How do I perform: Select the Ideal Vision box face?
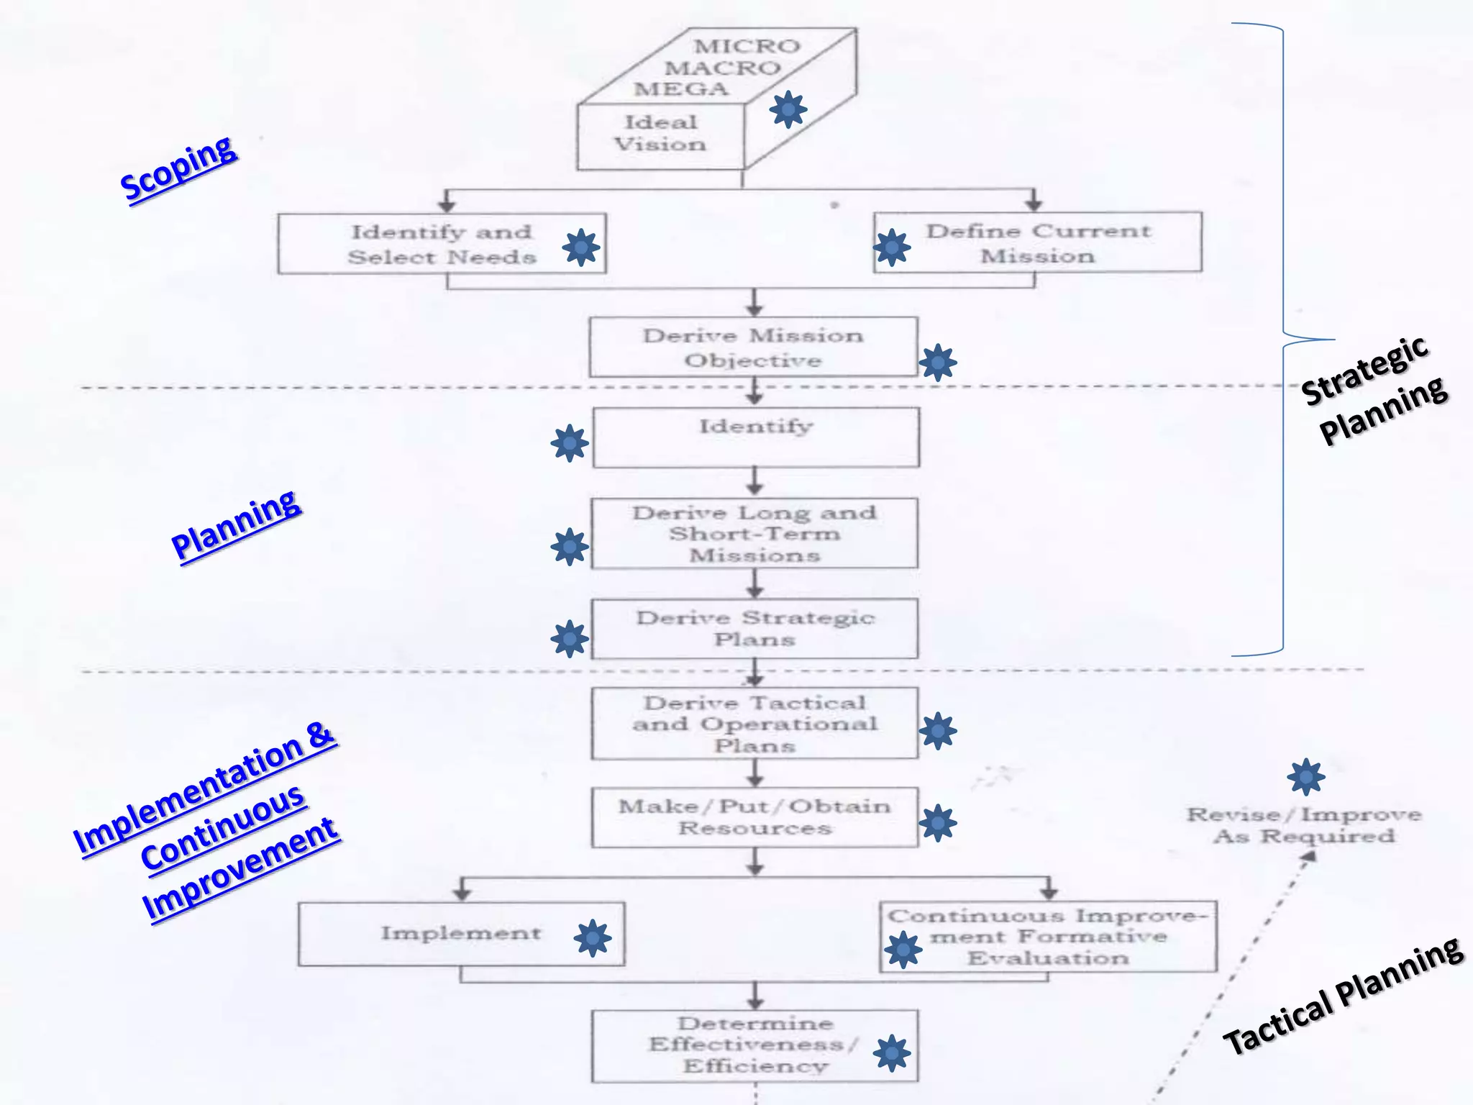[660, 135]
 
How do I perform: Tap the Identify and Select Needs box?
[442, 244]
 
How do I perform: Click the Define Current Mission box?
[1037, 243]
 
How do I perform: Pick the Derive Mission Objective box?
[752, 347]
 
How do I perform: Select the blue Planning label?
[236, 525]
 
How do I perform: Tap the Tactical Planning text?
[1342, 996]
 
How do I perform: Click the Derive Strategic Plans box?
[754, 629]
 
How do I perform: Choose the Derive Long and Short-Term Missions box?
[754, 534]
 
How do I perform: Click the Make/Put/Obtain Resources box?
[754, 817]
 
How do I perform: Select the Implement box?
[461, 934]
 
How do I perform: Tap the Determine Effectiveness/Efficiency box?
[754, 1045]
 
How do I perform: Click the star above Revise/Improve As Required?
[1305, 777]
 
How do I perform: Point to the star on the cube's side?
[788, 109]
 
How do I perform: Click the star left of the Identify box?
[569, 443]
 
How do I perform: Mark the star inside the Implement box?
[592, 938]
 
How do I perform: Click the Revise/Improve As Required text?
[1303, 825]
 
